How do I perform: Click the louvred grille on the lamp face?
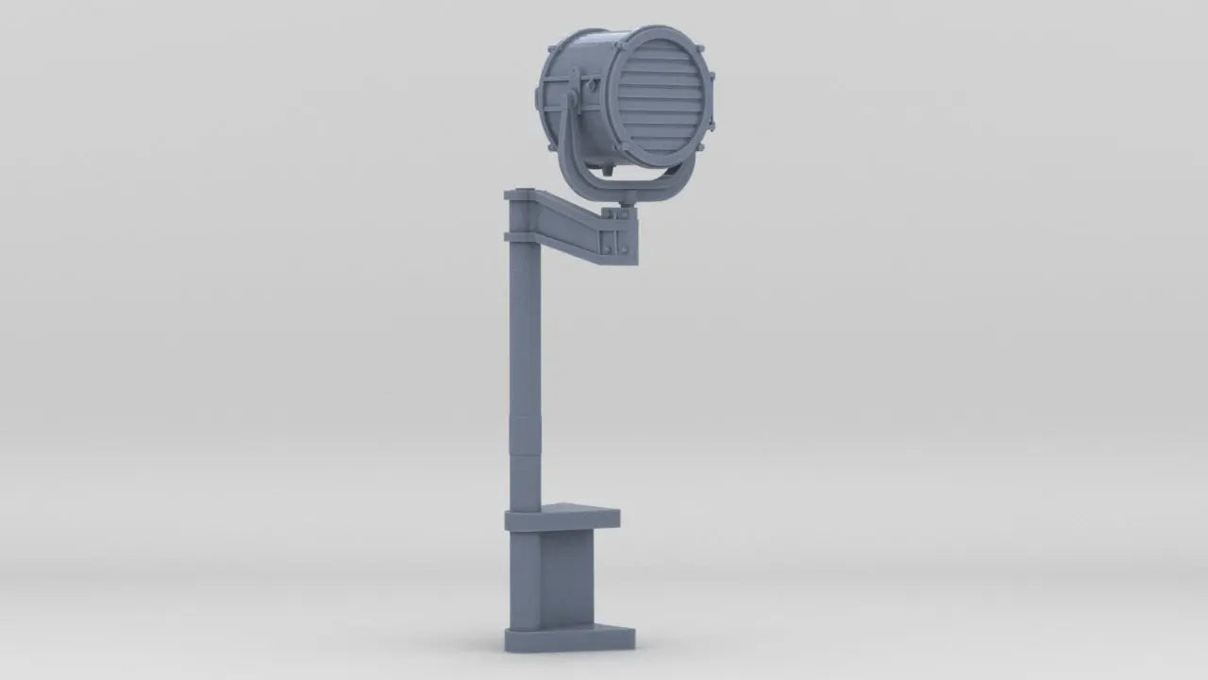tap(660, 96)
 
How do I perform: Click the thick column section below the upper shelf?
tap(526, 576)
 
